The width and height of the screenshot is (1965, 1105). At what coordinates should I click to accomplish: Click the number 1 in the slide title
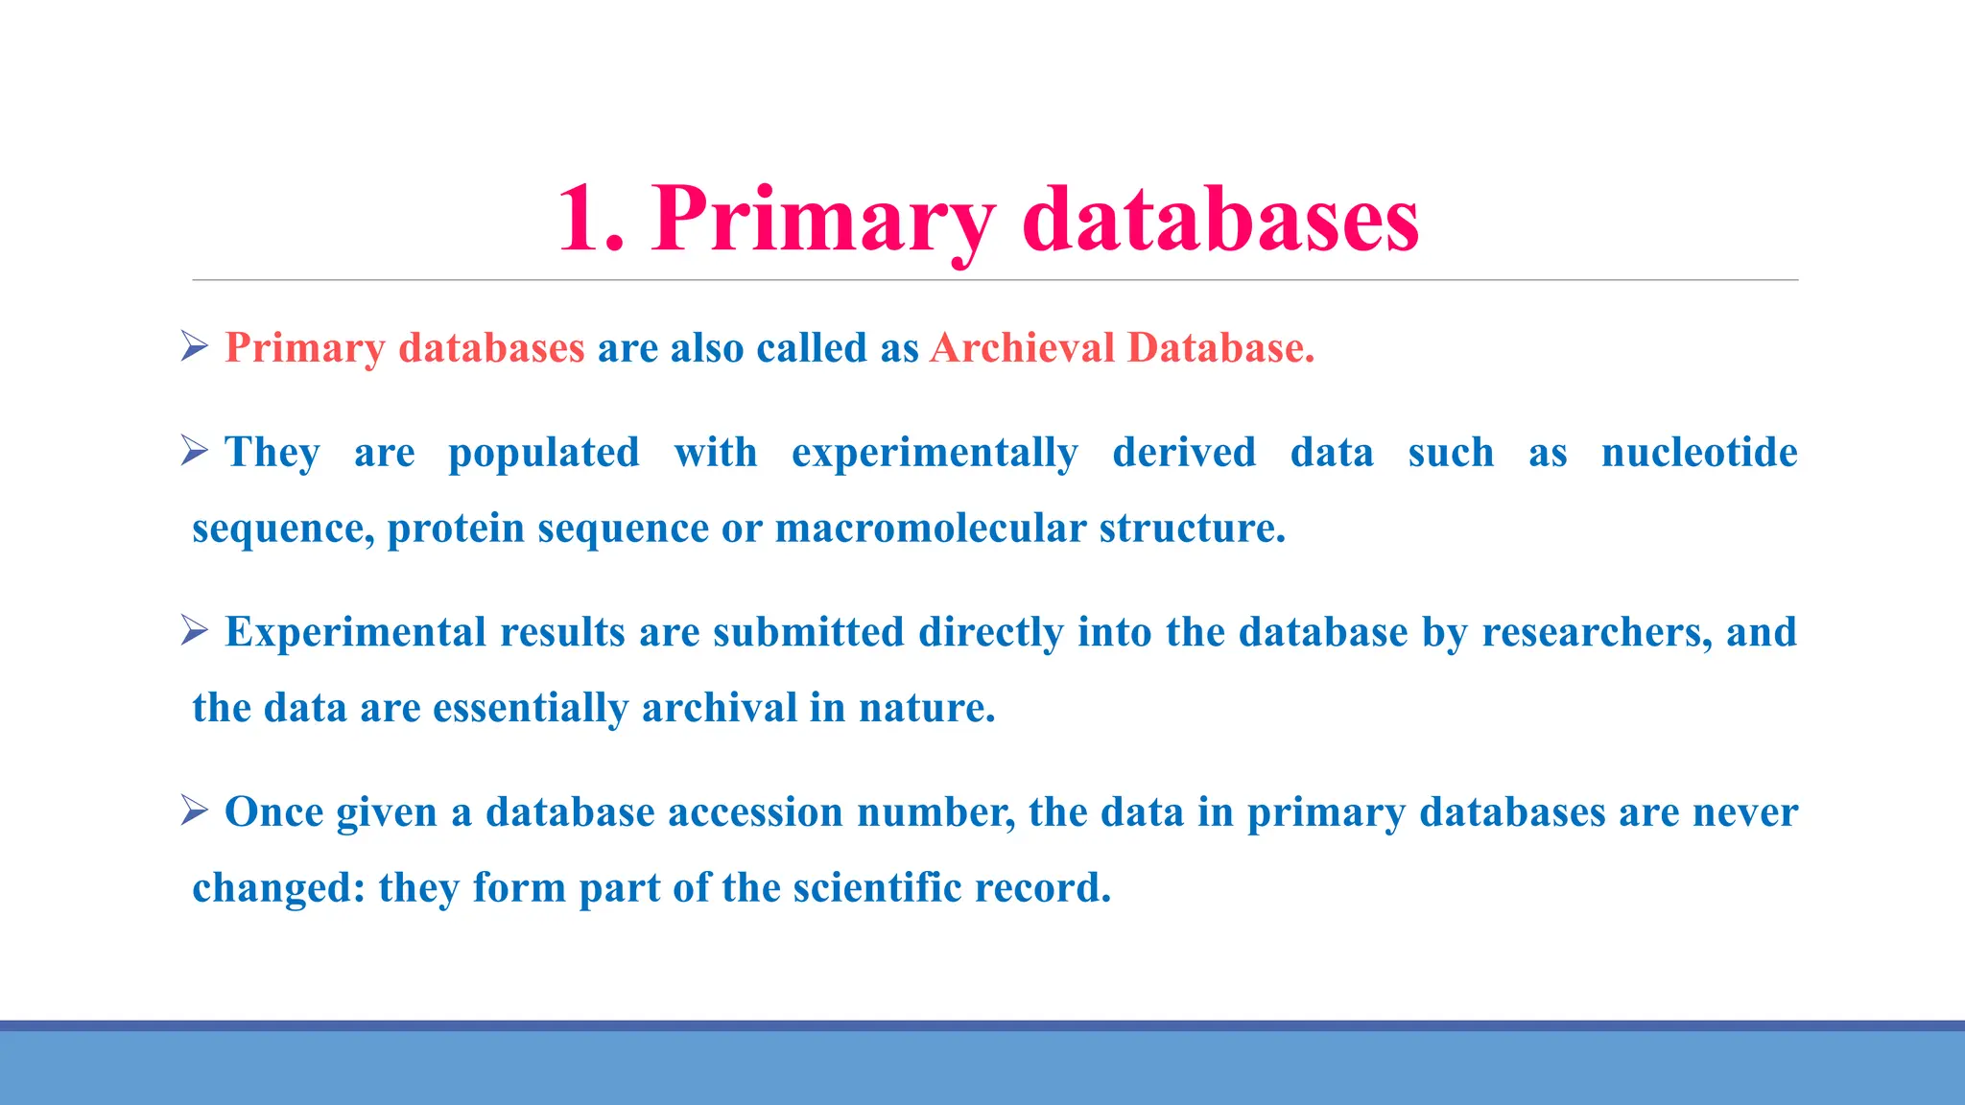click(x=581, y=221)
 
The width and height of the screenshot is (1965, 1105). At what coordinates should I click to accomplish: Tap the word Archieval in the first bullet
click(x=1022, y=348)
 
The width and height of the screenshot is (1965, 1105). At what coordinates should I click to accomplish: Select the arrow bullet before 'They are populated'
click(x=195, y=451)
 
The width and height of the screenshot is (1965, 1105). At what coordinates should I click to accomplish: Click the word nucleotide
click(x=1699, y=453)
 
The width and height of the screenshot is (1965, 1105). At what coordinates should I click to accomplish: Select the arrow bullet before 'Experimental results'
click(x=195, y=630)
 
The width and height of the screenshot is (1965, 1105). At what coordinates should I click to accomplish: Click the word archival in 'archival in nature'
click(x=719, y=709)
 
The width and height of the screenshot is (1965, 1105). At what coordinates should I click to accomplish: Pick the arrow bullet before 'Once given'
click(x=195, y=811)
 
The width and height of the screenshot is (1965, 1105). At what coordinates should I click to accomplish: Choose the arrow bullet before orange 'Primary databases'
click(x=195, y=346)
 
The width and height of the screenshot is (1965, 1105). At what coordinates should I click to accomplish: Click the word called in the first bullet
click(x=811, y=348)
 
